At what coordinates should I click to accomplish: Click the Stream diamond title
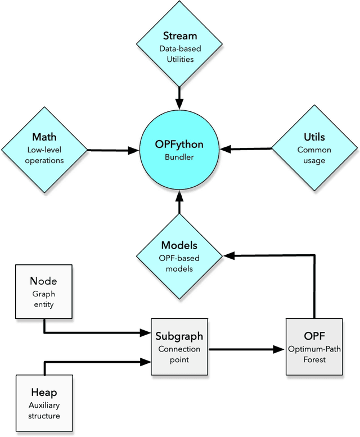click(179, 37)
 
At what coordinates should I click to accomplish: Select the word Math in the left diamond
click(44, 137)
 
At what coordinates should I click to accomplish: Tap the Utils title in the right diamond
click(314, 137)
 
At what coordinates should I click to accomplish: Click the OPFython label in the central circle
click(179, 145)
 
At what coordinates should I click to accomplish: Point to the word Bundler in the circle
click(179, 157)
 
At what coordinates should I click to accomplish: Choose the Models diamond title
click(179, 246)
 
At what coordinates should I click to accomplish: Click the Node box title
click(44, 281)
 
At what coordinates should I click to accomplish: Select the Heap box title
click(44, 393)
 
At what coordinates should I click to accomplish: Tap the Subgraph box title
click(179, 336)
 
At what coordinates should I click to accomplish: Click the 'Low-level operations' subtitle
click(44, 155)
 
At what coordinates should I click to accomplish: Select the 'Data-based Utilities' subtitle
click(179, 54)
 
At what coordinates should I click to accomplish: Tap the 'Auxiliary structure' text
click(44, 411)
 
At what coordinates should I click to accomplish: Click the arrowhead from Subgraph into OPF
click(279, 349)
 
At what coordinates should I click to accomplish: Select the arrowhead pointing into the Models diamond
click(228, 255)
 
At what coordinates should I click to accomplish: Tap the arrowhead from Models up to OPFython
click(179, 196)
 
